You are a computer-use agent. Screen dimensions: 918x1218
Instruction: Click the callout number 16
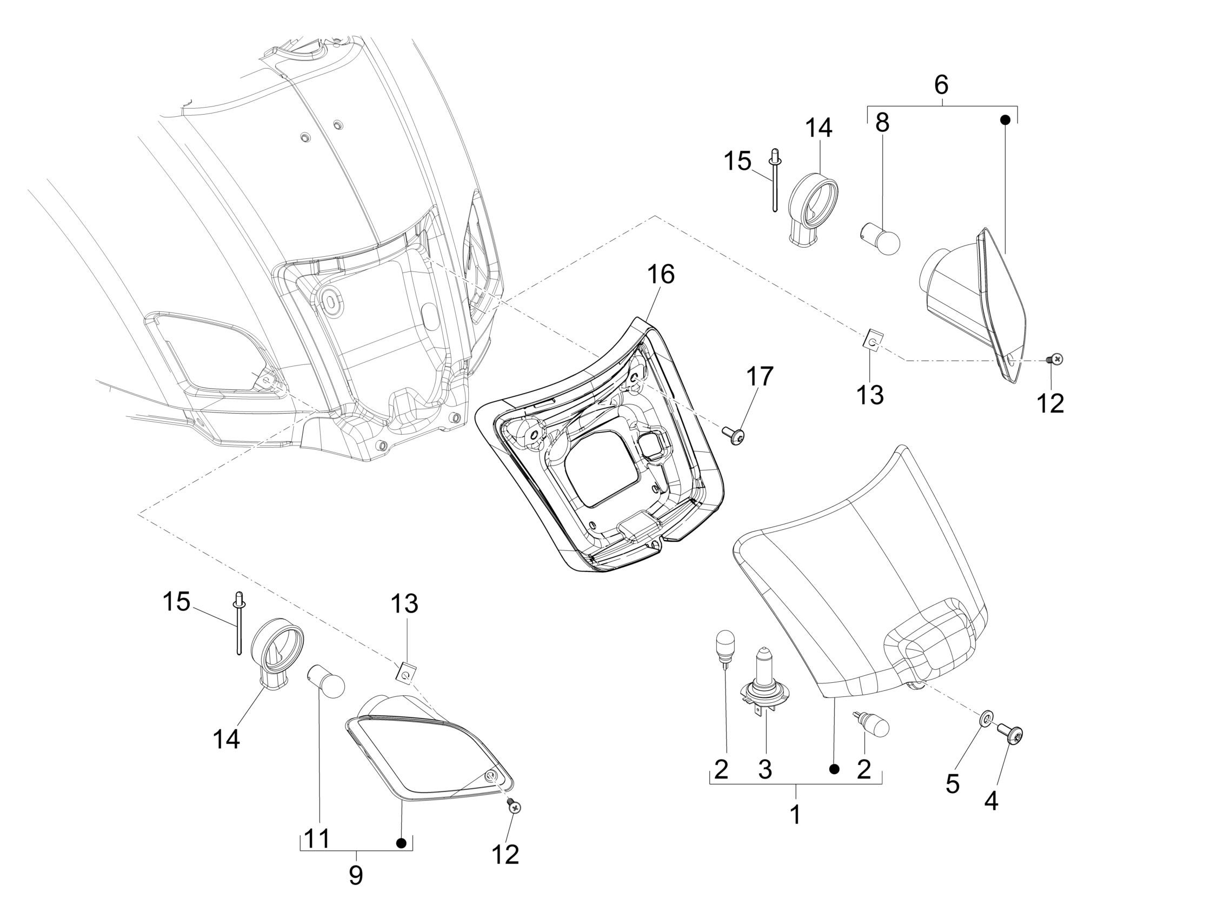click(x=661, y=274)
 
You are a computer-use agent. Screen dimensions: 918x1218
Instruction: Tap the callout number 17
click(x=760, y=377)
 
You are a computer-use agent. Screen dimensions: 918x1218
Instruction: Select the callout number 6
click(x=941, y=85)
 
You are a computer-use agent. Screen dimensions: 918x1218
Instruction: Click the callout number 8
click(x=882, y=123)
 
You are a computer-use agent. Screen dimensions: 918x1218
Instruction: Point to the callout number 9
click(x=356, y=874)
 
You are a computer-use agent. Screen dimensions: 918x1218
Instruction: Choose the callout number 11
click(x=317, y=839)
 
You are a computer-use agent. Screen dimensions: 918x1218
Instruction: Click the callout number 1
click(x=795, y=813)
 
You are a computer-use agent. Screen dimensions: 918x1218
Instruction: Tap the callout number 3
click(x=765, y=769)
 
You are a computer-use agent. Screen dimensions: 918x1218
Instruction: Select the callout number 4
click(x=991, y=802)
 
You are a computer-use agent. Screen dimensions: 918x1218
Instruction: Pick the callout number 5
click(x=953, y=783)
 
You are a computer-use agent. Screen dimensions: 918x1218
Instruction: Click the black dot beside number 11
click(x=402, y=843)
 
